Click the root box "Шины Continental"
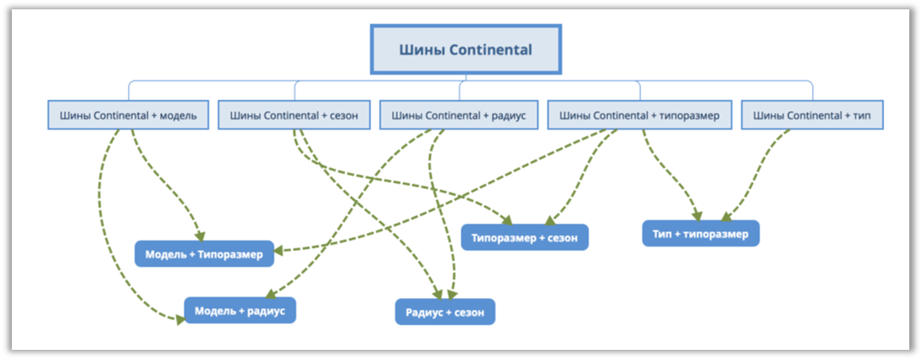coord(466,49)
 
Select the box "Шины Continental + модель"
coord(128,116)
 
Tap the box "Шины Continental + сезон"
coord(295,116)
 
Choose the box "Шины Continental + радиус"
coord(459,116)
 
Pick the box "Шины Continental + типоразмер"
coord(640,116)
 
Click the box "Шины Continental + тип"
coord(813,116)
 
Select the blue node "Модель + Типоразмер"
coord(204,254)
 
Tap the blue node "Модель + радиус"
coord(240,311)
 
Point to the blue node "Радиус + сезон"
coord(445,313)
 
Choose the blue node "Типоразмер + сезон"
coord(525,238)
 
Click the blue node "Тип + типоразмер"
coord(700,234)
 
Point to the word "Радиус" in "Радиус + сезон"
coord(422,313)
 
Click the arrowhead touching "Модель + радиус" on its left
coord(179,318)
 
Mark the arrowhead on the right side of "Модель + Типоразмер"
coord(279,251)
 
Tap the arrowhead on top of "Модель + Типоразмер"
coord(200,235)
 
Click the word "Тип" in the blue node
coord(661,234)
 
